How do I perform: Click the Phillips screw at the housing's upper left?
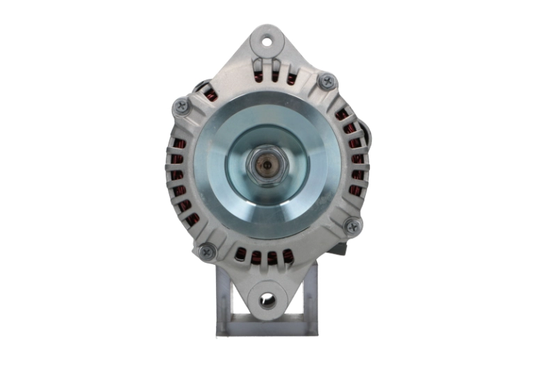182,107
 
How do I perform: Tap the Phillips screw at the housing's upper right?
326,82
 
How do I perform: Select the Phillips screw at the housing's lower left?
207,252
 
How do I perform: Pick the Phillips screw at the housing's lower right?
353,226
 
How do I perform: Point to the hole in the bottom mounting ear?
267,301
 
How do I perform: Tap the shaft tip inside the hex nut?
265,167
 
